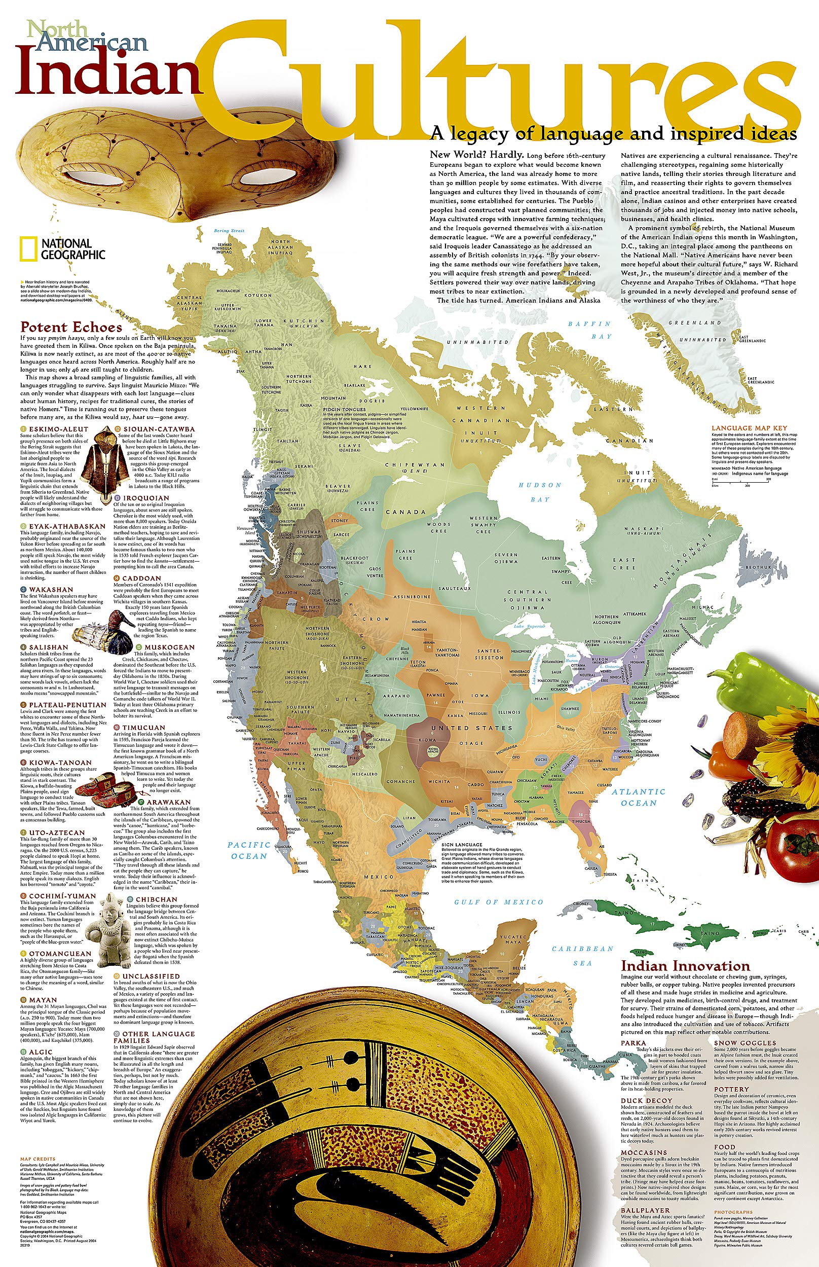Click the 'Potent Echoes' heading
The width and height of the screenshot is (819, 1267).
[71, 327]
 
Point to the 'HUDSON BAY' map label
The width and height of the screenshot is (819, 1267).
[540, 492]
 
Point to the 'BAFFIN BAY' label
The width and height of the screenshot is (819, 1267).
[590, 330]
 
